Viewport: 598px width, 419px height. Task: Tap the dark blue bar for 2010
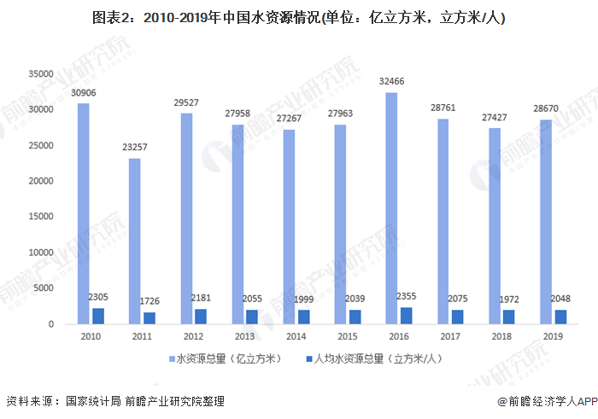tap(98, 316)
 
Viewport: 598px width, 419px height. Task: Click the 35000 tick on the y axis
tap(40, 74)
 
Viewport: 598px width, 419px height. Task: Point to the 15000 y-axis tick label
tap(40, 217)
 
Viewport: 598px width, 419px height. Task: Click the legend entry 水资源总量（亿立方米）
tap(227, 358)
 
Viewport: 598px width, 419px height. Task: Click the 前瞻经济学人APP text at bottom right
tap(547, 401)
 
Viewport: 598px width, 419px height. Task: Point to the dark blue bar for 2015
tap(355, 317)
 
